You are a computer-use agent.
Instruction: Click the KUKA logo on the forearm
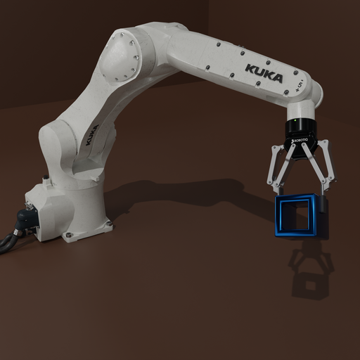tap(264, 72)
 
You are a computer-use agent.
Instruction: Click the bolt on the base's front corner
tap(68, 235)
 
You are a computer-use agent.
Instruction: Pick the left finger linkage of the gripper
tap(276, 169)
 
